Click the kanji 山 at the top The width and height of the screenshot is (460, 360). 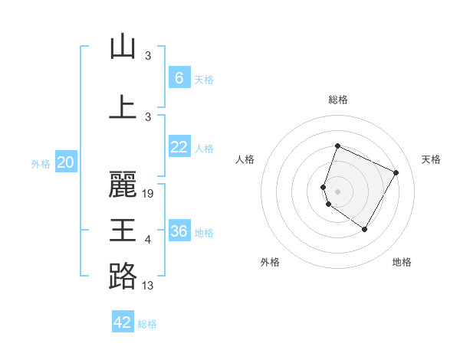[123, 47]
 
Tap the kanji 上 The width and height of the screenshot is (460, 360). [123, 106]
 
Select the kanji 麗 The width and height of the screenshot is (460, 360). [123, 185]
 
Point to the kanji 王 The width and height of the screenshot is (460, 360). [123, 230]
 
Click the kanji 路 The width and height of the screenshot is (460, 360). [123, 275]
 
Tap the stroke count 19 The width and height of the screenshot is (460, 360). [149, 194]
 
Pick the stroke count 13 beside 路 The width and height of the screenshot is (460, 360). [149, 286]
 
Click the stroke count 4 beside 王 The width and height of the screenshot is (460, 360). [148, 240]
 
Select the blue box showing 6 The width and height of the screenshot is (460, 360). [179, 78]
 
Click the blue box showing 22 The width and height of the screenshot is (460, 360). [179, 148]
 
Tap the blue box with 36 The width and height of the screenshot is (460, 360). [179, 231]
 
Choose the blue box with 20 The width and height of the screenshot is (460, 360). [65, 162]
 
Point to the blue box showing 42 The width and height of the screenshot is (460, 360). [123, 322]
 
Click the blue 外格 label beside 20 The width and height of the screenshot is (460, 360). [41, 163]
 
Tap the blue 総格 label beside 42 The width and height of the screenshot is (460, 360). [147, 324]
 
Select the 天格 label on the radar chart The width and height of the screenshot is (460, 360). [431, 159]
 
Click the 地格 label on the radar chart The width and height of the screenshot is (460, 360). [402, 262]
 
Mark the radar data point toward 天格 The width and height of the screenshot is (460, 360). [396, 173]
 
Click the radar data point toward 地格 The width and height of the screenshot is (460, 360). [365, 229]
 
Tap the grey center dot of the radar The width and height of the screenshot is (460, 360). [337, 191]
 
